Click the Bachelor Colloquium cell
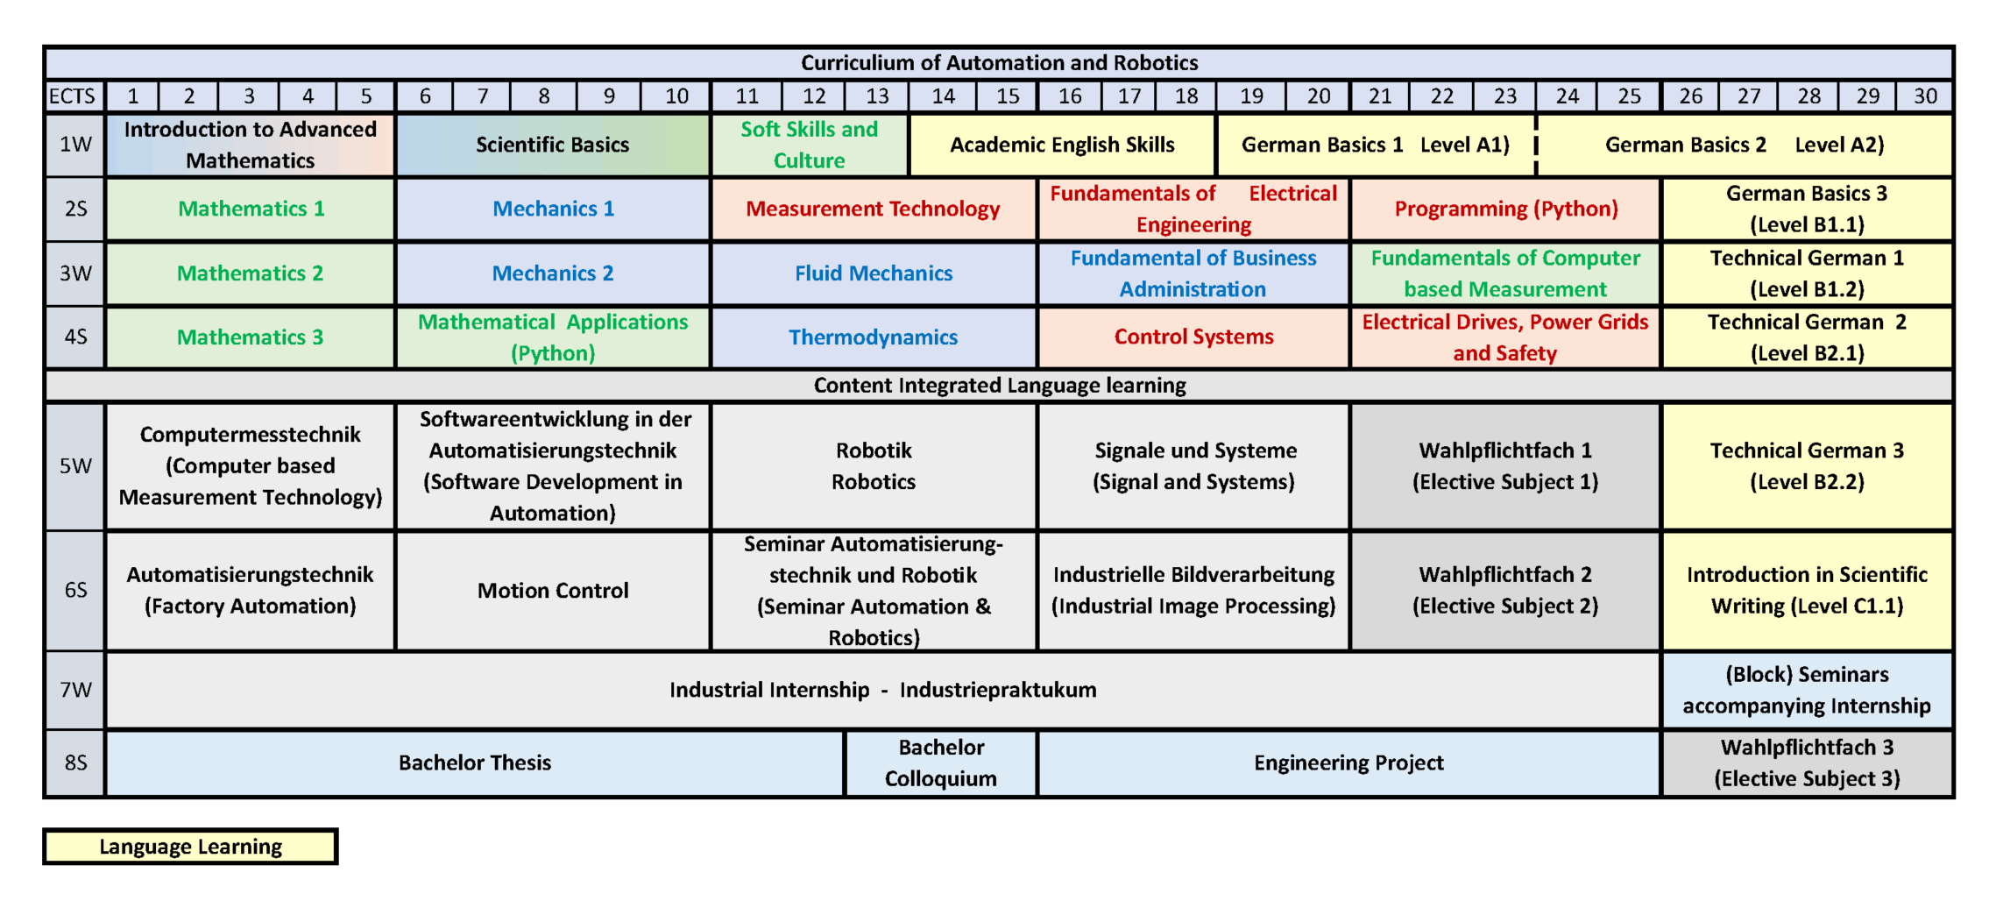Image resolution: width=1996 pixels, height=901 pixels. tap(941, 763)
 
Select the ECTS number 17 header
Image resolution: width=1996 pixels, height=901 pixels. tap(1129, 96)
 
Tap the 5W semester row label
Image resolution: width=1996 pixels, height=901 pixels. tap(75, 465)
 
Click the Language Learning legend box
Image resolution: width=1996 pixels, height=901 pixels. tap(190, 847)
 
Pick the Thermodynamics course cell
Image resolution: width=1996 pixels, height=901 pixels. tap(874, 337)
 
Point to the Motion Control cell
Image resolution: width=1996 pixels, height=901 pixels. tap(553, 591)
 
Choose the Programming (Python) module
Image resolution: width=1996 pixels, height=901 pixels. tap(1505, 209)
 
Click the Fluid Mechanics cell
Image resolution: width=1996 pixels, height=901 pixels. tap(874, 273)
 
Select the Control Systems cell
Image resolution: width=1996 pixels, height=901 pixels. tap(1193, 337)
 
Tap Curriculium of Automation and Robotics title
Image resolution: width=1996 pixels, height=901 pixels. tap(999, 63)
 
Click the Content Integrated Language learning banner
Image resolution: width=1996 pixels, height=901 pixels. tap(999, 386)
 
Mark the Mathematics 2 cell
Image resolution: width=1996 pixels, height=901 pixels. tap(251, 273)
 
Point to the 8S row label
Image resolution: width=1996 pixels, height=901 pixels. tap(75, 763)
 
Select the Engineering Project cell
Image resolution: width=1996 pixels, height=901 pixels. tap(1348, 763)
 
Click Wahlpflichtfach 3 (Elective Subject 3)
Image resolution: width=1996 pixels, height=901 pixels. tap(1807, 763)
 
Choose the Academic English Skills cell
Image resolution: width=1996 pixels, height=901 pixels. tap(1062, 145)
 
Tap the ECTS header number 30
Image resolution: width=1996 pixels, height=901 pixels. tap(1925, 96)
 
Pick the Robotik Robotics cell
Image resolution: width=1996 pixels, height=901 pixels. tap(874, 465)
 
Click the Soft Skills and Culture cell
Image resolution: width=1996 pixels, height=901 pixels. tap(810, 145)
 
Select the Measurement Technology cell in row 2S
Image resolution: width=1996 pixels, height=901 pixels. tap(874, 209)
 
